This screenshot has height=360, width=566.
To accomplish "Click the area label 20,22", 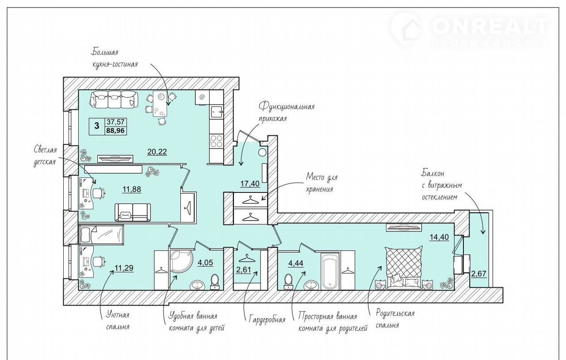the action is coord(157,152).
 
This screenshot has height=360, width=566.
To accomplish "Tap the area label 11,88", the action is coord(132,189).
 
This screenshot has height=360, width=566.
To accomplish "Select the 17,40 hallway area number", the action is coord(250,184).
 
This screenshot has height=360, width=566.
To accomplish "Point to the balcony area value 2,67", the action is coord(479,274).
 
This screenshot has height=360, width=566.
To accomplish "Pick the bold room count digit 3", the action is coord(96,126).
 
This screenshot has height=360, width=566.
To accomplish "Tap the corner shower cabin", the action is coord(181,262).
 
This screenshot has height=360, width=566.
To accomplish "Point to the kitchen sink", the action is coord(217,112).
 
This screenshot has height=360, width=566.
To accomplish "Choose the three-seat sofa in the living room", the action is coord(114,100).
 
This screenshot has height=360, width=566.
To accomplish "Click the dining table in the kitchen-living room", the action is coord(160,103).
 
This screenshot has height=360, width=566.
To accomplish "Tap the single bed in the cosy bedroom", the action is coord(101,235).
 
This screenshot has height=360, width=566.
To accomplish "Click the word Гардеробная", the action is coord(267,320).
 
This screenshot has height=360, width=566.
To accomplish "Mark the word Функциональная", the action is coord(287,106).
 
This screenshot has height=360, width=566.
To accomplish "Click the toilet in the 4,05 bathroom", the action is coord(215,281).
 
